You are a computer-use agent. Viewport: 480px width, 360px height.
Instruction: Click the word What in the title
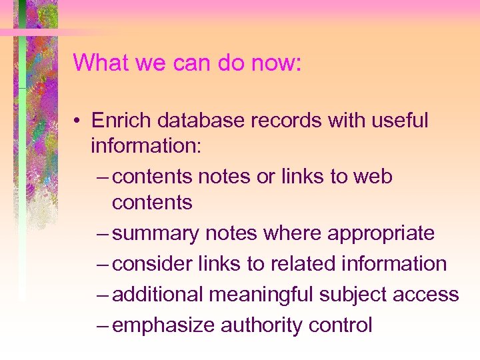97,63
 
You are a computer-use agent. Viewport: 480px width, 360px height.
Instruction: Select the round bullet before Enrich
78,121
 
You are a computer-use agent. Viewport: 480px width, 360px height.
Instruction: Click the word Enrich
117,121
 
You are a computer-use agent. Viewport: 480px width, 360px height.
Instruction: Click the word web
373,177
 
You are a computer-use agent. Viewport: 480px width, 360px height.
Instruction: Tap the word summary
156,234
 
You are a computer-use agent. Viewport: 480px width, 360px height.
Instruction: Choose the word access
430,295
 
